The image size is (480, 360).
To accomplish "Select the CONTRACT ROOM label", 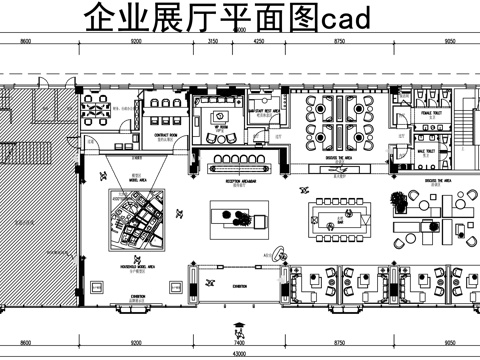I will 166,134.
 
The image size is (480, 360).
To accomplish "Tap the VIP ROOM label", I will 217,128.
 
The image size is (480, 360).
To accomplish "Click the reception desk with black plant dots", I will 241,218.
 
